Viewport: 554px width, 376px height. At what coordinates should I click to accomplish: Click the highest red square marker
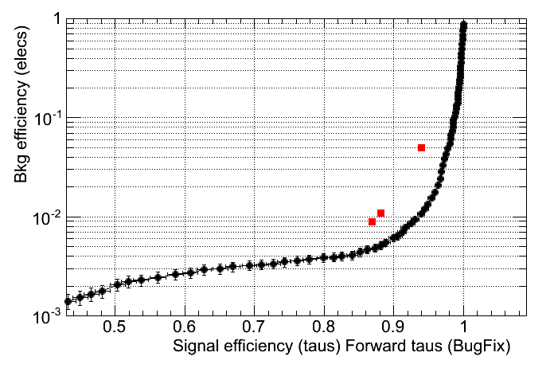click(x=421, y=147)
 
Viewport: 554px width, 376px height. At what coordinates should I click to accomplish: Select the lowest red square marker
click(x=372, y=221)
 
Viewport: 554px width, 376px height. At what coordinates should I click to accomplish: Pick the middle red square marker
click(x=381, y=213)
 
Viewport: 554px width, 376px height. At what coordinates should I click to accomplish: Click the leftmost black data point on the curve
click(x=68, y=301)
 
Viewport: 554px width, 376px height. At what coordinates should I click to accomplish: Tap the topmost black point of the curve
click(x=464, y=25)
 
